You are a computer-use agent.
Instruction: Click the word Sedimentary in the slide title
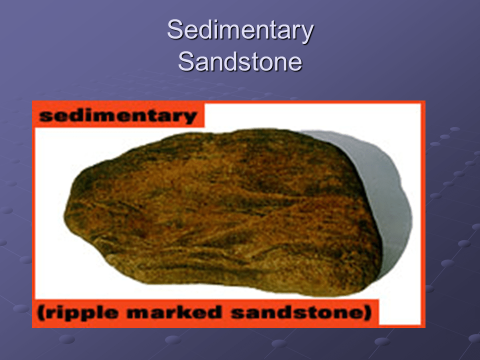[x=240, y=31]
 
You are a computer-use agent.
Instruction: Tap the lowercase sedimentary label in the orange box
[x=117, y=116]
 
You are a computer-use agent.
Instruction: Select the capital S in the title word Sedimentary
[x=174, y=30]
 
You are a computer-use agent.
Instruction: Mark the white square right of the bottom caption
[x=400, y=312]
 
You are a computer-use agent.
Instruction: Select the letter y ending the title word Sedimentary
[x=307, y=33]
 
